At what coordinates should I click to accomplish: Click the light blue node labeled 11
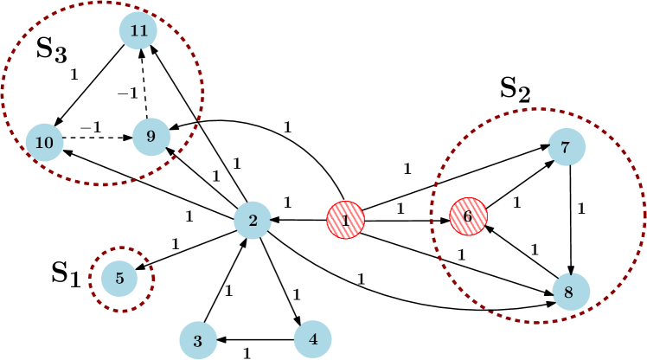tap(138, 30)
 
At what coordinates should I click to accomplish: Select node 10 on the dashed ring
tap(44, 142)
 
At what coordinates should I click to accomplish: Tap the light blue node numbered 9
tap(151, 137)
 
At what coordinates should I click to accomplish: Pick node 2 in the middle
tap(253, 221)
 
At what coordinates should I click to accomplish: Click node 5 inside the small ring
tap(120, 279)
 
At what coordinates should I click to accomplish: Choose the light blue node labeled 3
tap(198, 341)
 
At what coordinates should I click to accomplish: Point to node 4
tap(312, 339)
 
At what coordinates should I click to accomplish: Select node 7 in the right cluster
tap(566, 147)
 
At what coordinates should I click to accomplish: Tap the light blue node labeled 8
tap(570, 292)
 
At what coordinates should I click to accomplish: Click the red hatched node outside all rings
tap(345, 220)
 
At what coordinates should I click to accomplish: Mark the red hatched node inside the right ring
tap(468, 215)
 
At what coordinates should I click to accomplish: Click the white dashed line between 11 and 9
tap(144, 89)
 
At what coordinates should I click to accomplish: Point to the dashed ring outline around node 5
tap(153, 279)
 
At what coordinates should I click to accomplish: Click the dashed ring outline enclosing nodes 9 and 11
tap(203, 91)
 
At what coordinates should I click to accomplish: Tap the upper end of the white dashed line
tap(142, 63)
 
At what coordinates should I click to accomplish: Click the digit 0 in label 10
tap(48, 142)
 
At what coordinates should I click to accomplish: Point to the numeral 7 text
tap(566, 148)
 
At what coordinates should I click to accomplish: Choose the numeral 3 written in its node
tap(198, 341)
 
